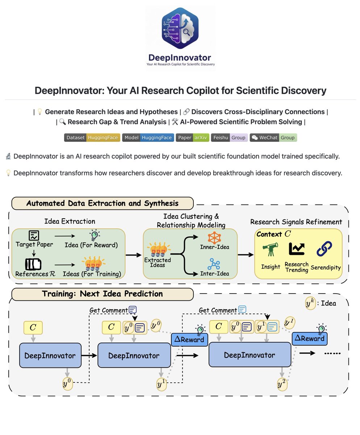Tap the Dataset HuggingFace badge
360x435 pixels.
tap(92, 138)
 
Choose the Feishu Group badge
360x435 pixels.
tap(229, 138)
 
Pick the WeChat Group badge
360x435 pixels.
tap(273, 138)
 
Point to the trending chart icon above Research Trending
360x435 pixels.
tap(297, 249)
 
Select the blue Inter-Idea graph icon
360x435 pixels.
tap(214, 264)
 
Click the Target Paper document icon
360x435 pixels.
tap(34, 236)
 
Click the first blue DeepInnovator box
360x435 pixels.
tap(50, 355)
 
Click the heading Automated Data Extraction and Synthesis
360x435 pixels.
tap(102, 203)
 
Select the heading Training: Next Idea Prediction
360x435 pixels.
tap(102, 294)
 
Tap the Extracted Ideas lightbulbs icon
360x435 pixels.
tap(158, 250)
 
